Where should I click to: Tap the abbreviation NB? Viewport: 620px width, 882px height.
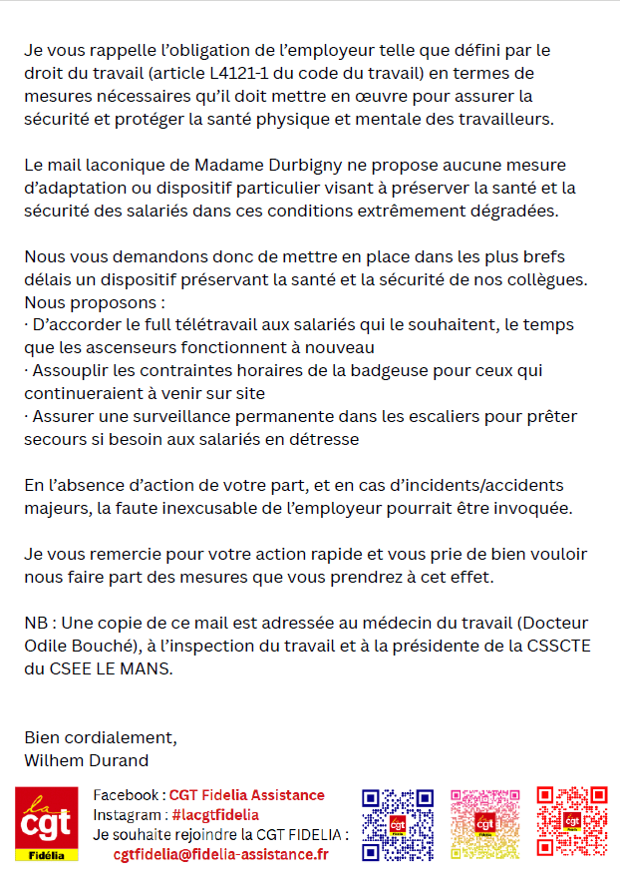36,623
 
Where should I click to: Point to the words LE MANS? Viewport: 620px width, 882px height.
128,668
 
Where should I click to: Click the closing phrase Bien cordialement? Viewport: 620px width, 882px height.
100,738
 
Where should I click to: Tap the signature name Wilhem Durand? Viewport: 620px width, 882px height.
86,760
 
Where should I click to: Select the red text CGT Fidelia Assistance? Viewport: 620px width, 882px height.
246,795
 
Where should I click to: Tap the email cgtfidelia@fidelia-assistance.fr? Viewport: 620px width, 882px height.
220,854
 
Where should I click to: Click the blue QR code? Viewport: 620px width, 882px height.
397,824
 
